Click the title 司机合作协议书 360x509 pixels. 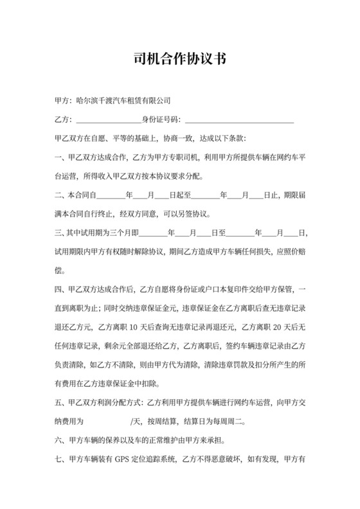(179, 58)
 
